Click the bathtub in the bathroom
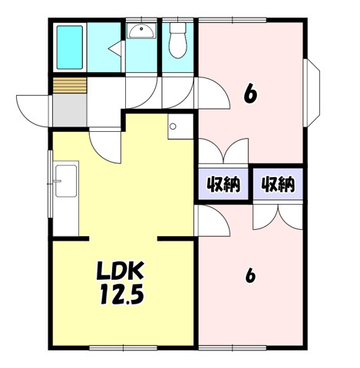pyautogui.click(x=70, y=48)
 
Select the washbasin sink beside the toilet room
pyautogui.click(x=141, y=31)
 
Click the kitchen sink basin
pyautogui.click(x=66, y=181)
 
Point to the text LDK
pyautogui.click(x=120, y=271)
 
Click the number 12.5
pyautogui.click(x=122, y=294)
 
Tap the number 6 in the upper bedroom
pyautogui.click(x=250, y=94)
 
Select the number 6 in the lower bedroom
pyautogui.click(x=250, y=276)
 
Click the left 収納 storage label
pyautogui.click(x=223, y=184)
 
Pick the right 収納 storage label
pyautogui.click(x=278, y=184)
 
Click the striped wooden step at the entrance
pyautogui.click(x=70, y=85)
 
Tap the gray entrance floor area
pyautogui.click(x=70, y=110)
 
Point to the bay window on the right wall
pyautogui.click(x=312, y=93)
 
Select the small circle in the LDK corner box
pyautogui.click(x=173, y=127)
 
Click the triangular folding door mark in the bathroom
pyautogui.click(x=116, y=48)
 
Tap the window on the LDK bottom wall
pyautogui.click(x=123, y=348)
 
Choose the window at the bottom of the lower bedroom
pyautogui.click(x=233, y=348)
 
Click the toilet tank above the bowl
pyautogui.click(x=178, y=28)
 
